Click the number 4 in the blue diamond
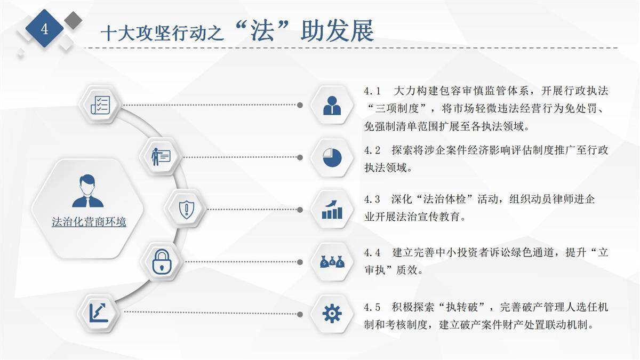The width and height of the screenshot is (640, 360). [x=45, y=29]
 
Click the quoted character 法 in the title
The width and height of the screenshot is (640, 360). [x=262, y=30]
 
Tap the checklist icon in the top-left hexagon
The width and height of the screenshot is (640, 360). [x=100, y=105]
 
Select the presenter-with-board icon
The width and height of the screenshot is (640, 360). [x=161, y=157]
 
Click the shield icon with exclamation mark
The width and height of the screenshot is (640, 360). [x=186, y=210]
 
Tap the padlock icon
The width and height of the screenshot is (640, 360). [x=162, y=261]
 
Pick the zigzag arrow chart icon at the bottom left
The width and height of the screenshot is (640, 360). [x=99, y=313]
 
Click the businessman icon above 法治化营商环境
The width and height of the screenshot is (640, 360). [x=87, y=191]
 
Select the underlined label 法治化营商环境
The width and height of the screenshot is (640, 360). [x=89, y=222]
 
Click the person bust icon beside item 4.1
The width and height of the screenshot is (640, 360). [x=332, y=106]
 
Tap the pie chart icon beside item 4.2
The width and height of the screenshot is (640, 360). [x=332, y=157]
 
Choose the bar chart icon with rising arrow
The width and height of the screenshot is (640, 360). [x=332, y=210]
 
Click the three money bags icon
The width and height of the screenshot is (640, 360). [x=332, y=261]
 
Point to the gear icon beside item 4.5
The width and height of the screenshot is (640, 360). [x=332, y=314]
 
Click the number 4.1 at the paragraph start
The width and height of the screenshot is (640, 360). [x=372, y=91]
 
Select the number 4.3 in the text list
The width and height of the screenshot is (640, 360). [x=372, y=199]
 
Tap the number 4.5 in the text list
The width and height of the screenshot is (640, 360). [x=372, y=307]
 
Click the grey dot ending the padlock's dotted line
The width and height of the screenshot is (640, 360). [x=300, y=262]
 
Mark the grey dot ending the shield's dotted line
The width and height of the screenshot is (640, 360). [x=300, y=210]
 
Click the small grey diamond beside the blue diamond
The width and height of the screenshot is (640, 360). [x=73, y=20]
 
